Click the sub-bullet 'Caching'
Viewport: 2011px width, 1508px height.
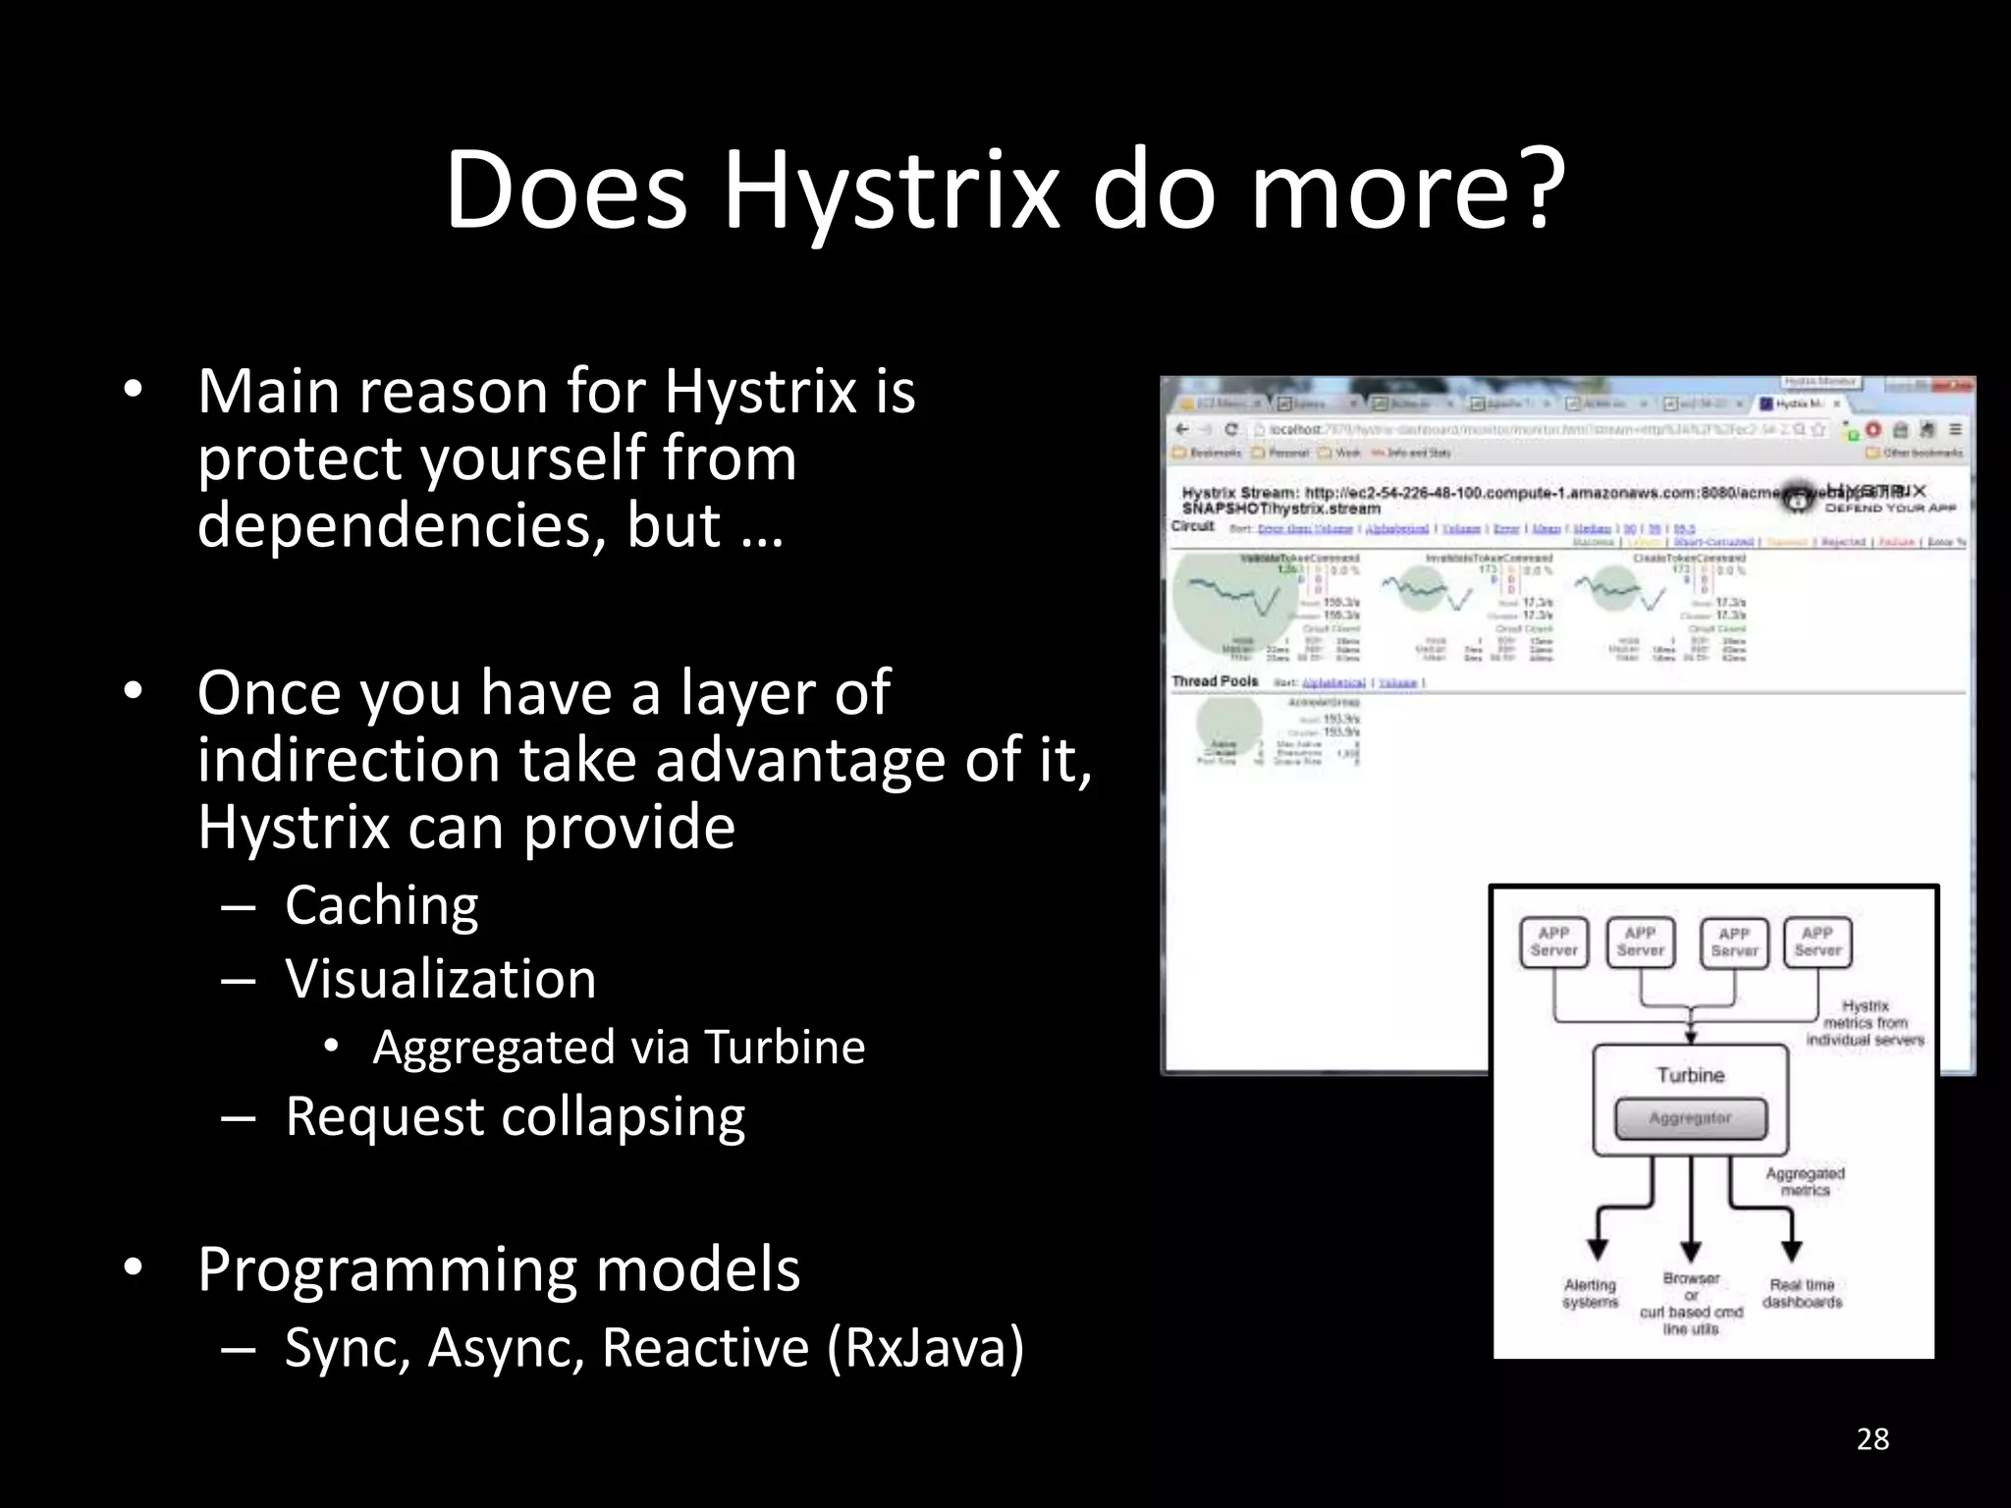381,904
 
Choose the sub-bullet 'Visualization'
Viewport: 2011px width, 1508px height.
440,979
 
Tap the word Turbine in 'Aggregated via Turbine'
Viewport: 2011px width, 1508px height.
785,1047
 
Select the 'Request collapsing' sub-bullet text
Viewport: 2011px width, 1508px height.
515,1116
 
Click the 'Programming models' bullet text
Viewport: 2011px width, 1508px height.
499,1268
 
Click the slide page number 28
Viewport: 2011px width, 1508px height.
1873,1439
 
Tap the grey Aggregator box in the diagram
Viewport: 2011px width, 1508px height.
1690,1118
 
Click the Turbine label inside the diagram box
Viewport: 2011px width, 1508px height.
1690,1075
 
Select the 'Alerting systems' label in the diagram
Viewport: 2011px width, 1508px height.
1590,1293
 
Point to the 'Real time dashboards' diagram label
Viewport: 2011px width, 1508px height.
1802,1293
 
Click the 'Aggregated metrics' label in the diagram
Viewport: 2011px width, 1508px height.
1805,1181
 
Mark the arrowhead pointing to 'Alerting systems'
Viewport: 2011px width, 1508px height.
1599,1249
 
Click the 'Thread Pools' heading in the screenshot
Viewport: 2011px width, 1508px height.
1215,680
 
